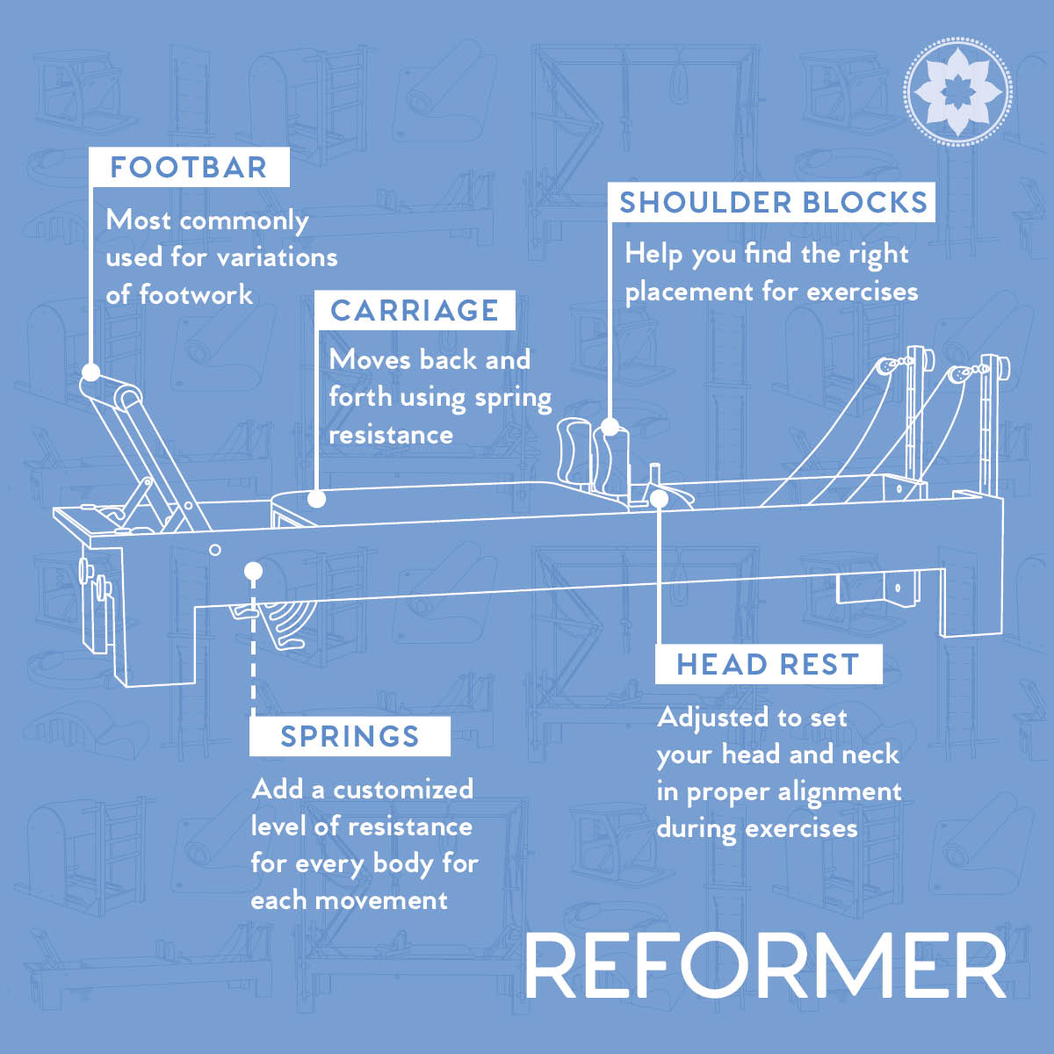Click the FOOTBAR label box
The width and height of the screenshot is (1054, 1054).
[189, 167]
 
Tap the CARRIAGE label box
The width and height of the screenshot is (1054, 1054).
[415, 310]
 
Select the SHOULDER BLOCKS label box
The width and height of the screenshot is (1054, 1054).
[772, 202]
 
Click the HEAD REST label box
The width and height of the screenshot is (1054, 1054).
[769, 664]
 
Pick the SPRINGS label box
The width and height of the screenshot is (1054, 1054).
[350, 736]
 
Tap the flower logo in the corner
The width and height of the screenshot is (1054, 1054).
[957, 91]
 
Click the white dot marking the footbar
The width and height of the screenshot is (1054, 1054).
[90, 372]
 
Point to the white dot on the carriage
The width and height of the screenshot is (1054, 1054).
[317, 499]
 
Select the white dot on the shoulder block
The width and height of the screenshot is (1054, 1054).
[610, 427]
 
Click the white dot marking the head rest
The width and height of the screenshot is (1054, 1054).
[659, 499]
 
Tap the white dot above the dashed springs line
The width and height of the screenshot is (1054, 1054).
[253, 572]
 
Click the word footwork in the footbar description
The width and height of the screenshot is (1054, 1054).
[196, 295]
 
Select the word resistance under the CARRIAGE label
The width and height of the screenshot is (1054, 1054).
[391, 436]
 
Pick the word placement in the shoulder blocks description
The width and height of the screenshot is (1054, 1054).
[689, 292]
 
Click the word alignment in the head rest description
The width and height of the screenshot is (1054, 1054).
[840, 793]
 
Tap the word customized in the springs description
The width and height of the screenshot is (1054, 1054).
[403, 790]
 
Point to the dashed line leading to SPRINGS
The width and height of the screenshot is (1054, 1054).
[253, 648]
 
